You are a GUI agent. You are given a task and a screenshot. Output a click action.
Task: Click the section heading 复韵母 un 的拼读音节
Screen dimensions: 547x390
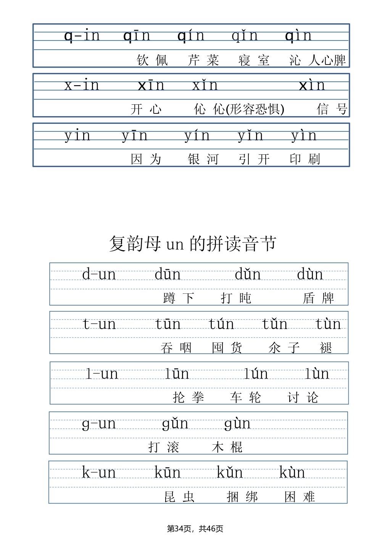[x=193, y=244]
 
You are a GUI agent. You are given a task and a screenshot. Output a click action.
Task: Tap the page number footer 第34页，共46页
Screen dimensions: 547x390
[x=195, y=529]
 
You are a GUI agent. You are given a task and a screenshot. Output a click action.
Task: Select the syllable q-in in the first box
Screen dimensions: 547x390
[x=82, y=36]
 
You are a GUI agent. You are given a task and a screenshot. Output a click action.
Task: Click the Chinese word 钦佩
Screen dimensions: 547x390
[x=152, y=60]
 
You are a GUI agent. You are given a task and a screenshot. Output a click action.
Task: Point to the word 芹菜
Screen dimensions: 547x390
[x=203, y=60]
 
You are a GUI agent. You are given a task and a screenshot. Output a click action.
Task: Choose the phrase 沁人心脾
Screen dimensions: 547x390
[x=317, y=60]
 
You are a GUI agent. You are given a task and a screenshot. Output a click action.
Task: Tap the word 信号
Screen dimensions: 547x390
[x=332, y=109]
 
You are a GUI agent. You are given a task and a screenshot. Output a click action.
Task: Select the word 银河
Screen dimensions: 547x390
[x=203, y=159]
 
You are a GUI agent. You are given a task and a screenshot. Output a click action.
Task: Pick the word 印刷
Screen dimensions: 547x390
[x=305, y=159]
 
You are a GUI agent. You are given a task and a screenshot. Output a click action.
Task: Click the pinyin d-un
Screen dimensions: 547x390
[x=99, y=274]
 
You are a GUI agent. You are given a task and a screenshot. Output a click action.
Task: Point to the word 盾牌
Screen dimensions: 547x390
[x=319, y=298]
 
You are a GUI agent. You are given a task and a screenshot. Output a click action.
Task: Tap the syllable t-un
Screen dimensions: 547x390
[x=99, y=324]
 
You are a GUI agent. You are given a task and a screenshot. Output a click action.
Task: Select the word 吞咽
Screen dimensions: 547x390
[x=176, y=348]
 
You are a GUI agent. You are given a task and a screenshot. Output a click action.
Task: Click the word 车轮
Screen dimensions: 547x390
[x=245, y=397]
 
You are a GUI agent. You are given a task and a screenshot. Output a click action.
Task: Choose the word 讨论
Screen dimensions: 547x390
[x=303, y=397]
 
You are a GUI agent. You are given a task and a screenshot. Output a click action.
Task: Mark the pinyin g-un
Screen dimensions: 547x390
[x=99, y=424]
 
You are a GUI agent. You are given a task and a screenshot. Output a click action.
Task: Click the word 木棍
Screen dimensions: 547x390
[x=227, y=447]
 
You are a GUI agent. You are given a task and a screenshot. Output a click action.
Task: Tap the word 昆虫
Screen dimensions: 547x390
[x=179, y=497]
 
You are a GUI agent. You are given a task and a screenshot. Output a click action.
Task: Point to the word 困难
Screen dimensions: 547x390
[x=300, y=497]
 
